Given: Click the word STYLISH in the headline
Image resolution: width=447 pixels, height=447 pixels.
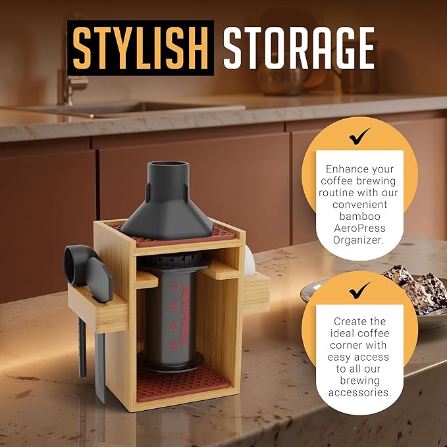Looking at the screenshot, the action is (x=140, y=48).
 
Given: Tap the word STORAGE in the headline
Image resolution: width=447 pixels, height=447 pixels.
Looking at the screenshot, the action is (x=298, y=48).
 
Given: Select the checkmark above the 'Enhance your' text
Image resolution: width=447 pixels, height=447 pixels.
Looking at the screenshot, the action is (x=359, y=136).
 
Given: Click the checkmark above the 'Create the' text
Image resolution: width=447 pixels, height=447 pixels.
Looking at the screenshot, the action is (x=359, y=290).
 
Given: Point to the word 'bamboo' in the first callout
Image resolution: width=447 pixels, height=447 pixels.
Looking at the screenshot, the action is (x=359, y=216).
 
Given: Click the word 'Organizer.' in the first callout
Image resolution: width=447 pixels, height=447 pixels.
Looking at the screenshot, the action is (x=358, y=240).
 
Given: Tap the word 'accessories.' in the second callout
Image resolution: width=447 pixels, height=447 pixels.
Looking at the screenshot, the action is (x=359, y=392).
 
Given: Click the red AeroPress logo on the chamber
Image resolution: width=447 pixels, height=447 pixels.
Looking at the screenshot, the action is (x=185, y=314).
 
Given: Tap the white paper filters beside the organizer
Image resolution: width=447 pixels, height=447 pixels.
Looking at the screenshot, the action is (x=250, y=261).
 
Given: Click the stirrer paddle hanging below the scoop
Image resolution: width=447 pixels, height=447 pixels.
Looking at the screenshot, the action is (x=100, y=368).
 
